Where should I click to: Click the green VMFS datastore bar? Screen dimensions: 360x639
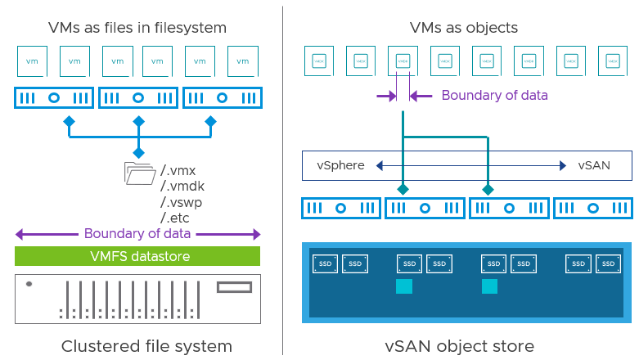point(137,256)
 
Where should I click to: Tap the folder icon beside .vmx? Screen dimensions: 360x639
point(139,173)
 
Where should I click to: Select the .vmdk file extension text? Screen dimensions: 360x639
point(182,186)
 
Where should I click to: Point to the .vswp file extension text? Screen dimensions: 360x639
point(182,201)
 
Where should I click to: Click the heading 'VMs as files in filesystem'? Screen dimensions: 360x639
point(137,28)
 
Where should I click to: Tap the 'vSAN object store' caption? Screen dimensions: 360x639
point(460,345)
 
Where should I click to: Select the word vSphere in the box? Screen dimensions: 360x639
point(340,165)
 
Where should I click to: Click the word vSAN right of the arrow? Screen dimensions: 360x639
point(593,165)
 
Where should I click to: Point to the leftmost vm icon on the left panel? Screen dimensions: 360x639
point(32,61)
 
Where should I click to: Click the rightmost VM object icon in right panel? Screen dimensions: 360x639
point(612,61)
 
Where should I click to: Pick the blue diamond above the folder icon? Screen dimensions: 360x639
point(138,153)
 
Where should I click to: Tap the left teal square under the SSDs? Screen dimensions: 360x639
point(404,286)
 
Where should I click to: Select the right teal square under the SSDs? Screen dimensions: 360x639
point(489,286)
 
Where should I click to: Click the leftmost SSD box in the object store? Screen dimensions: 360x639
point(325,263)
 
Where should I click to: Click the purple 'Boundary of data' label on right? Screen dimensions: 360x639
point(494,95)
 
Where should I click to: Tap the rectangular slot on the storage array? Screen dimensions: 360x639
point(234,287)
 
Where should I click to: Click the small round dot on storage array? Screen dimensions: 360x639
point(29,284)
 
